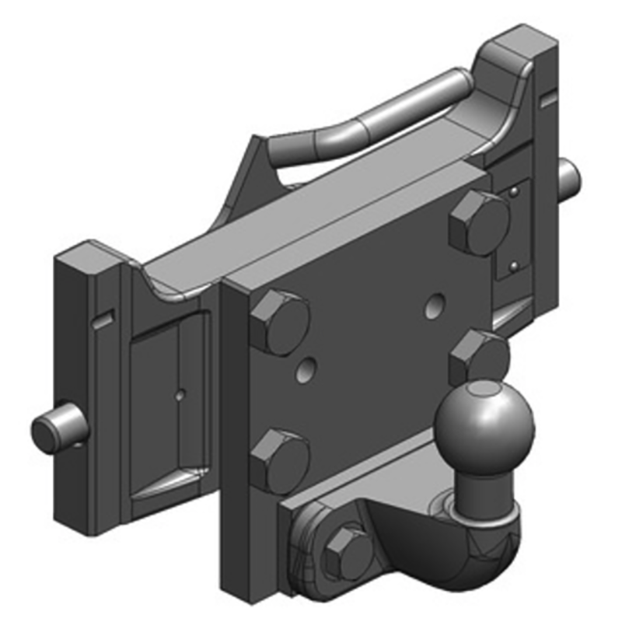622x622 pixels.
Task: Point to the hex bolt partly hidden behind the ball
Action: pos(476,355)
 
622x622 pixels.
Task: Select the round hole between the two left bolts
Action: pos(309,371)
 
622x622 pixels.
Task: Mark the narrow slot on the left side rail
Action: pos(102,318)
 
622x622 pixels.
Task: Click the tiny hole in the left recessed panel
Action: pos(180,394)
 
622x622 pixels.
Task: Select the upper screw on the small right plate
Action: pos(513,190)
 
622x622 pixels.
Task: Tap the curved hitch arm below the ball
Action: pos(435,560)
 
